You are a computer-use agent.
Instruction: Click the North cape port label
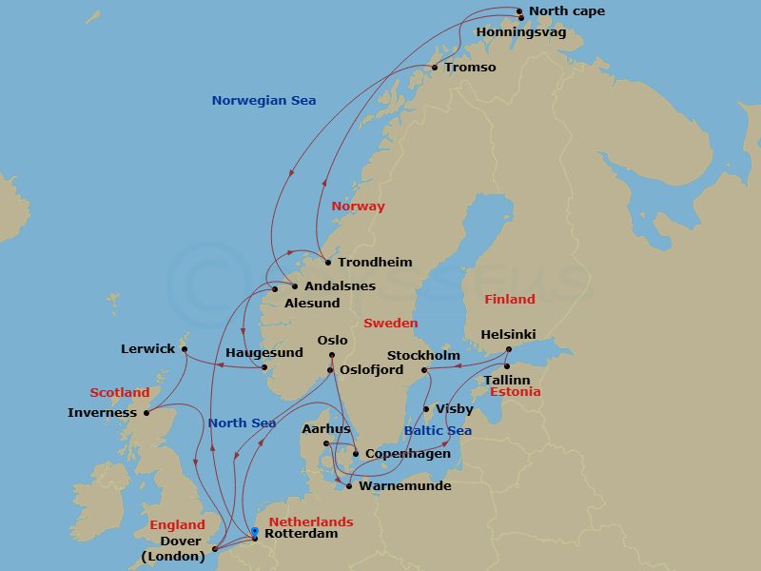[566, 11]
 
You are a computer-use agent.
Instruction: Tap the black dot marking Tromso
[435, 68]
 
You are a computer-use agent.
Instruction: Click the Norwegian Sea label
[263, 101]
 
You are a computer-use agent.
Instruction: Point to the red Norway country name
[358, 207]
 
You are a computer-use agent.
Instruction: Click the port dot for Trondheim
[327, 263]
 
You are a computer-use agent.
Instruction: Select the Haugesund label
[264, 353]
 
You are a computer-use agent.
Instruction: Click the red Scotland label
[120, 393]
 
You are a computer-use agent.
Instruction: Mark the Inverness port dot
[146, 413]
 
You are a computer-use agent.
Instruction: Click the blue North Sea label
[242, 423]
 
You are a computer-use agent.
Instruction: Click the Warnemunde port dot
[349, 486]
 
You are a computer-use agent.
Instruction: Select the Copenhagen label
[408, 454]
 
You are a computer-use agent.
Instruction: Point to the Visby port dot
[425, 409]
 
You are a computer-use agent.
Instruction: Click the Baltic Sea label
[438, 431]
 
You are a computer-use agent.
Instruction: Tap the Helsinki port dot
[508, 349]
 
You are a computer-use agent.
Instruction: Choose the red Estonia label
[515, 392]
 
